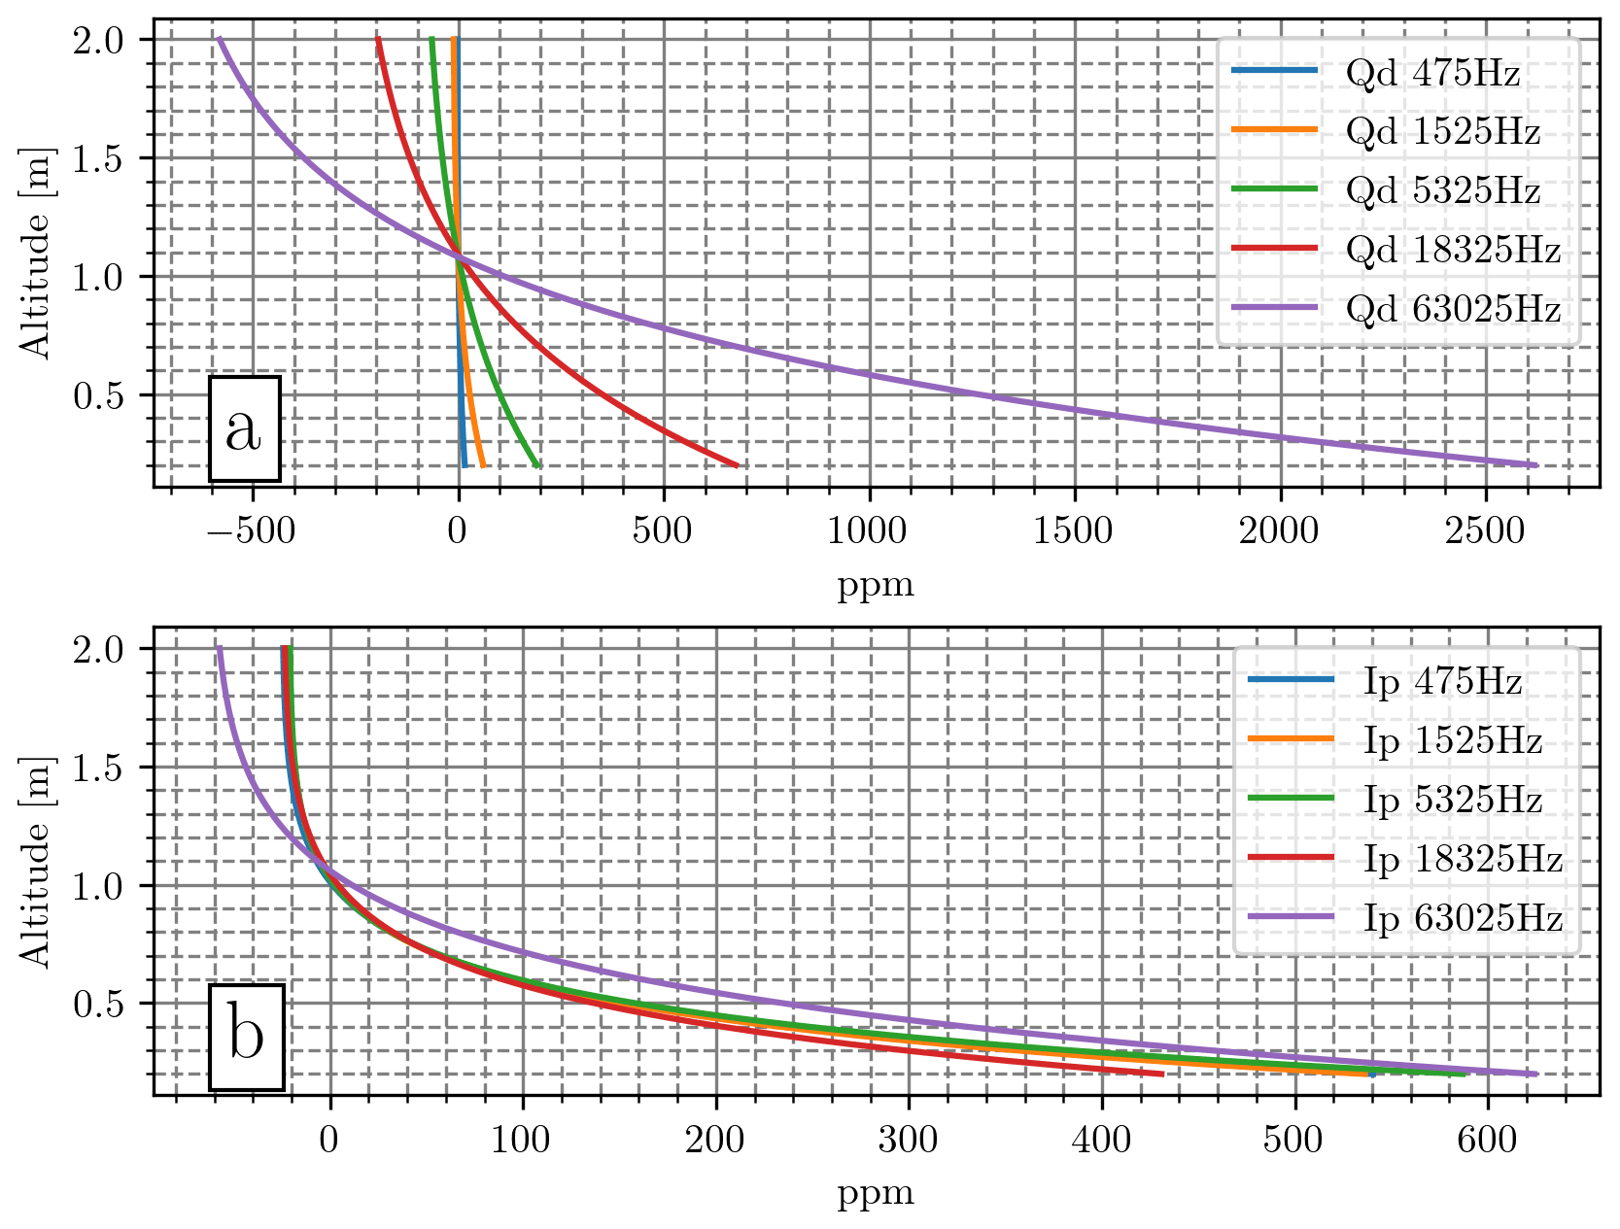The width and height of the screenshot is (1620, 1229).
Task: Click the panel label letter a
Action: (x=244, y=428)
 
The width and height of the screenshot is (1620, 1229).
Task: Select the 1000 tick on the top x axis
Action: (x=869, y=530)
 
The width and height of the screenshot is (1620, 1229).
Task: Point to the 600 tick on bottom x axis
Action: (x=1488, y=1139)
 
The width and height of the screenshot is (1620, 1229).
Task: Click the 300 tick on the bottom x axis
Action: (x=909, y=1139)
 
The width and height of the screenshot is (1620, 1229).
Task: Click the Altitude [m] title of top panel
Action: (x=36, y=253)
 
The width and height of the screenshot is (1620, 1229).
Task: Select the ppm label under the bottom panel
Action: (x=876, y=1193)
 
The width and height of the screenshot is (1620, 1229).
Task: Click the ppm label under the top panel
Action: (x=876, y=585)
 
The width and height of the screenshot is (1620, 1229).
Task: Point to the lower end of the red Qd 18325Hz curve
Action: (x=737, y=465)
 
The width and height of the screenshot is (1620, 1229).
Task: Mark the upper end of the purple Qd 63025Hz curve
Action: (x=220, y=39)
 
